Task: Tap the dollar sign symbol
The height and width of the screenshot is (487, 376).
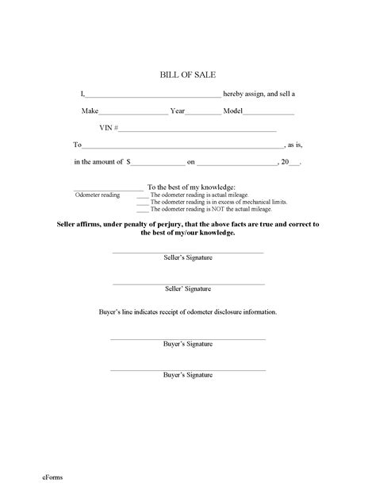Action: tap(127, 162)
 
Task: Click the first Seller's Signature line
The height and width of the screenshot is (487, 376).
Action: tap(187, 253)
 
